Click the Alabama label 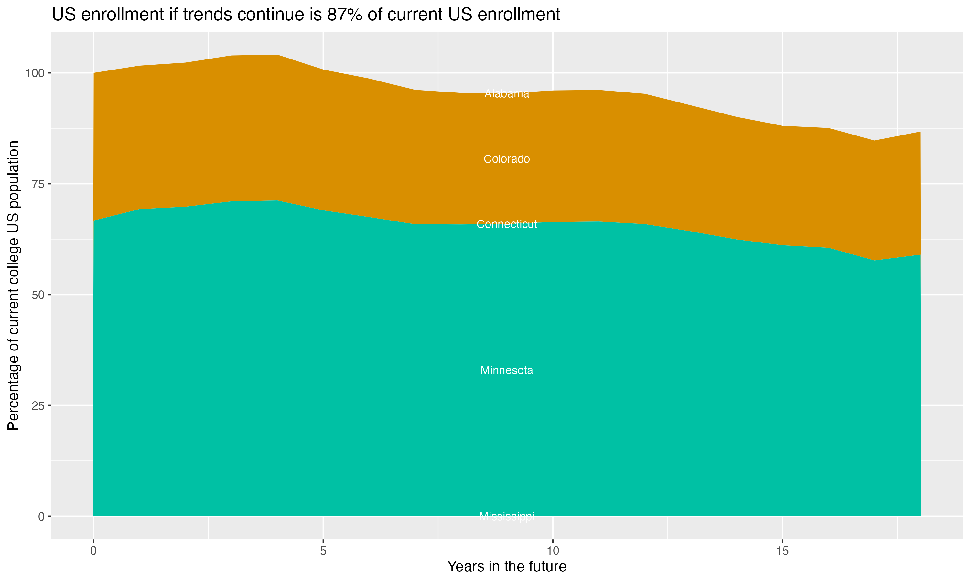coord(507,94)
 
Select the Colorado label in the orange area coord(507,159)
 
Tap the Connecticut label coord(507,224)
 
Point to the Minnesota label coord(507,370)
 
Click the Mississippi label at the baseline coord(507,516)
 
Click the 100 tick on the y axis coord(35,73)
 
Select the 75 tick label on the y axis coord(38,184)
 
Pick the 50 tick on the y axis coord(38,295)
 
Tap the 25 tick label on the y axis coord(38,405)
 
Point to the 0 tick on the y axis coord(41,516)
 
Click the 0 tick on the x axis coord(93,551)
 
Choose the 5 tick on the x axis coord(323,551)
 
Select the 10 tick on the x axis coord(553,551)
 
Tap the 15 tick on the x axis coord(782,551)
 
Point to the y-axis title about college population coord(13,286)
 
